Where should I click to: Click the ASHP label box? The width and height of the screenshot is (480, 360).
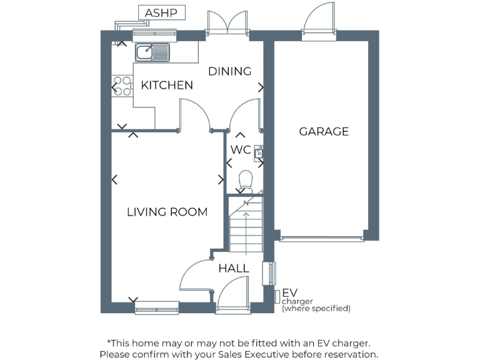click(161, 12)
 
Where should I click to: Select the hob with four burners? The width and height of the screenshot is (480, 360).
click(122, 86)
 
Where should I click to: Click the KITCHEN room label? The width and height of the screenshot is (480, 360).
click(167, 85)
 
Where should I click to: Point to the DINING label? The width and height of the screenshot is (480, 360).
click(229, 71)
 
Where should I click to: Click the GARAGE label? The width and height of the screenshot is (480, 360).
click(323, 131)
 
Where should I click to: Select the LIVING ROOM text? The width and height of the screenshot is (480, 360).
click(167, 212)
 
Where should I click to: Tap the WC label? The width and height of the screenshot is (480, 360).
click(241, 150)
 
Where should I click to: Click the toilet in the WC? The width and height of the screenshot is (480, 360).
click(245, 181)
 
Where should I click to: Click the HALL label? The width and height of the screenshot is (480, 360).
click(234, 268)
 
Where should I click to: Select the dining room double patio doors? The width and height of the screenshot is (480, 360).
click(228, 24)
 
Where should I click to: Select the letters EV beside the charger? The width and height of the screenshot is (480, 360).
click(289, 292)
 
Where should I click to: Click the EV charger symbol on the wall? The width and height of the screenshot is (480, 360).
click(277, 295)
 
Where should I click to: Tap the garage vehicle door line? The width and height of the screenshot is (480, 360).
click(321, 237)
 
